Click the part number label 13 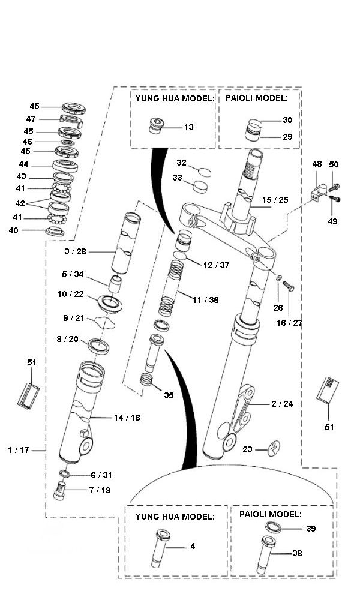point(189,127)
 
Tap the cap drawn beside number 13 point(157,127)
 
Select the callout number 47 point(31,119)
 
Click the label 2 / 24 point(282,404)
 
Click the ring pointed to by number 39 point(273,527)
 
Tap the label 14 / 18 point(127,417)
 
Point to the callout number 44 point(23,164)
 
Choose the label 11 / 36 point(205,300)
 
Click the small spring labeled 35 point(146,380)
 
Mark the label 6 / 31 point(101,475)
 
